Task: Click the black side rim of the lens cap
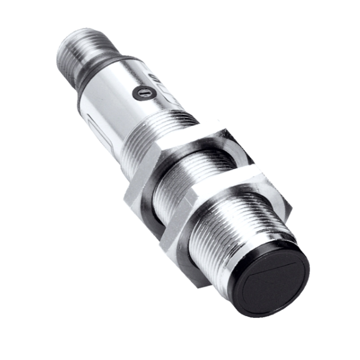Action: tap(238, 288)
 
